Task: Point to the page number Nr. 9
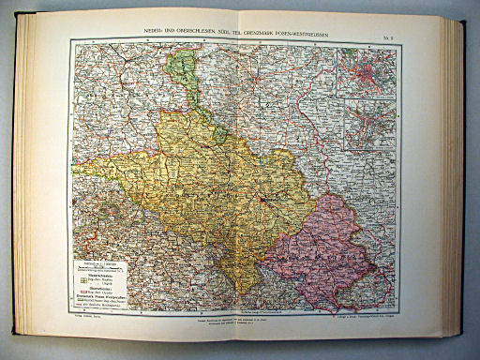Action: tap(392, 29)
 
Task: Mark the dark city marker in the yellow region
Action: tap(265, 199)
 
